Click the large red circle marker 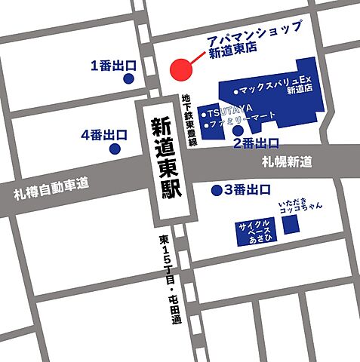[182, 69]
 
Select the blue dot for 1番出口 [129, 78]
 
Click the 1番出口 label [112, 65]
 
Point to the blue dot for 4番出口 [115, 149]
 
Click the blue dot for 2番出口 [238, 130]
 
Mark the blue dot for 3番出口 [217, 190]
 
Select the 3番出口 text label [247, 190]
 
